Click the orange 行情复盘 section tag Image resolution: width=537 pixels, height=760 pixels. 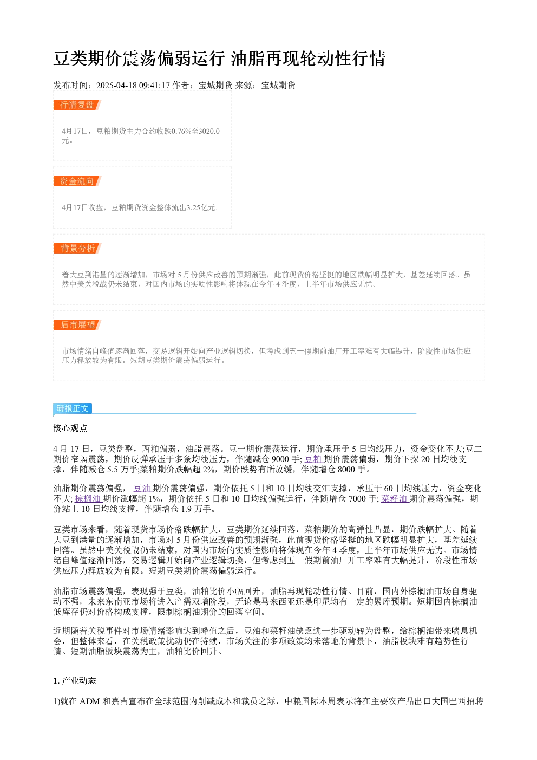point(77,105)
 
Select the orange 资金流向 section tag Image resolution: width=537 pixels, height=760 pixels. point(77,181)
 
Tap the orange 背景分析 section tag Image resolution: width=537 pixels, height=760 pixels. point(77,248)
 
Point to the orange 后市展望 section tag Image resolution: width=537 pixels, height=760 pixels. point(77,324)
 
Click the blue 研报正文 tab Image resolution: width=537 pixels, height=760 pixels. point(73,408)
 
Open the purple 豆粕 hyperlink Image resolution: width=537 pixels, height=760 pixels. point(313,459)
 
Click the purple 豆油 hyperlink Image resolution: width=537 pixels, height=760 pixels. point(142,488)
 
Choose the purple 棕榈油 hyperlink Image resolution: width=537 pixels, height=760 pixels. point(88,498)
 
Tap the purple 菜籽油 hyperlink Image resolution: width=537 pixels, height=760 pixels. point(395,498)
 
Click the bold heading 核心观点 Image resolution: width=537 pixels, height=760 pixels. point(70,428)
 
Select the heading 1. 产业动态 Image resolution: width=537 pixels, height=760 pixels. point(75,680)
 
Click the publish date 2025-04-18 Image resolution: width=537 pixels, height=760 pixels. point(116,86)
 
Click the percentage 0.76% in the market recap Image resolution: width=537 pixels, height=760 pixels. point(181,131)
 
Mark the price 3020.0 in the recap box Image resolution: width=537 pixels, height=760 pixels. point(209,131)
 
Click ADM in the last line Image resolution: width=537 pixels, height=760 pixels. point(89,701)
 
